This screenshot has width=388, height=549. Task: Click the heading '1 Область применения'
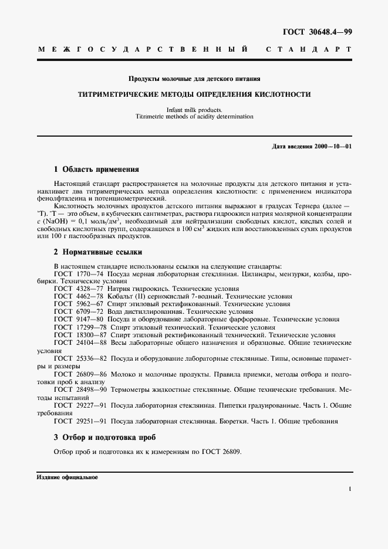pos(96,170)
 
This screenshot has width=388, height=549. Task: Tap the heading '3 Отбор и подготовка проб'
pos(104,438)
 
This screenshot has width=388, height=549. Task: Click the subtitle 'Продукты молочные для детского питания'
pos(194,78)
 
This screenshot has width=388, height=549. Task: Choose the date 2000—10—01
pos(332,145)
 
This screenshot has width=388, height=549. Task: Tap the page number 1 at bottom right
pos(349,488)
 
